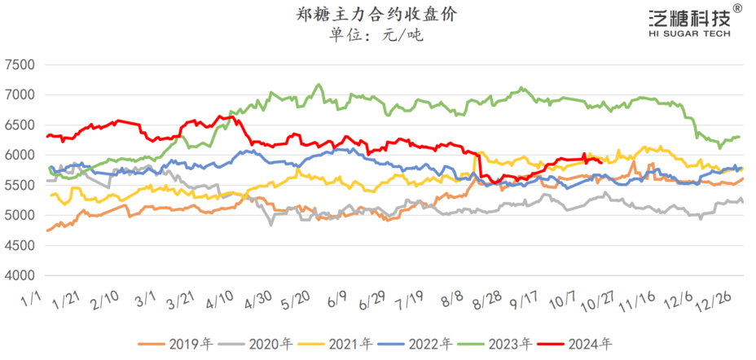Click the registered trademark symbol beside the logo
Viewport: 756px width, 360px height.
pos(737,8)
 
